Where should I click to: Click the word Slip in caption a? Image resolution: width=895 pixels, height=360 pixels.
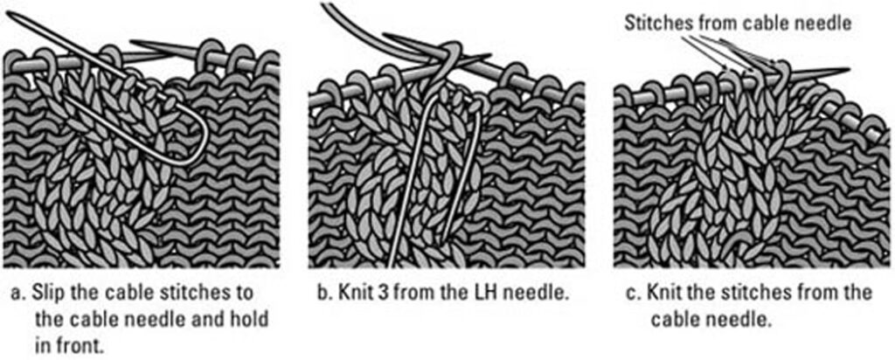pos(47,294)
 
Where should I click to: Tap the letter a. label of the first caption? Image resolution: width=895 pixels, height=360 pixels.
pos(19,294)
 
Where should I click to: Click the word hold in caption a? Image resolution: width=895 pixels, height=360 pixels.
pos(249,320)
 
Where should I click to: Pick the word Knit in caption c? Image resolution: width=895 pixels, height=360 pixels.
pos(663,294)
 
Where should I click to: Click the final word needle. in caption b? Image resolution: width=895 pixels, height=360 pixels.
pos(542,294)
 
